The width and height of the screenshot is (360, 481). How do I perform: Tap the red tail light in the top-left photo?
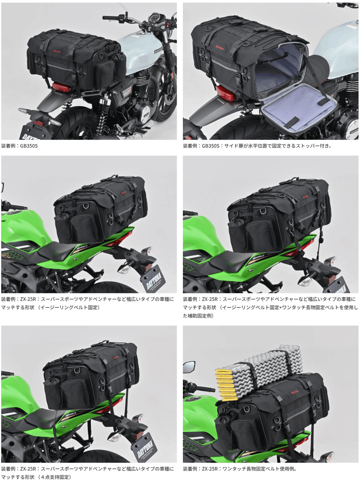coord(61,87)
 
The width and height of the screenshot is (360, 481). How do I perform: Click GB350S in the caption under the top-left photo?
coord(29,146)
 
